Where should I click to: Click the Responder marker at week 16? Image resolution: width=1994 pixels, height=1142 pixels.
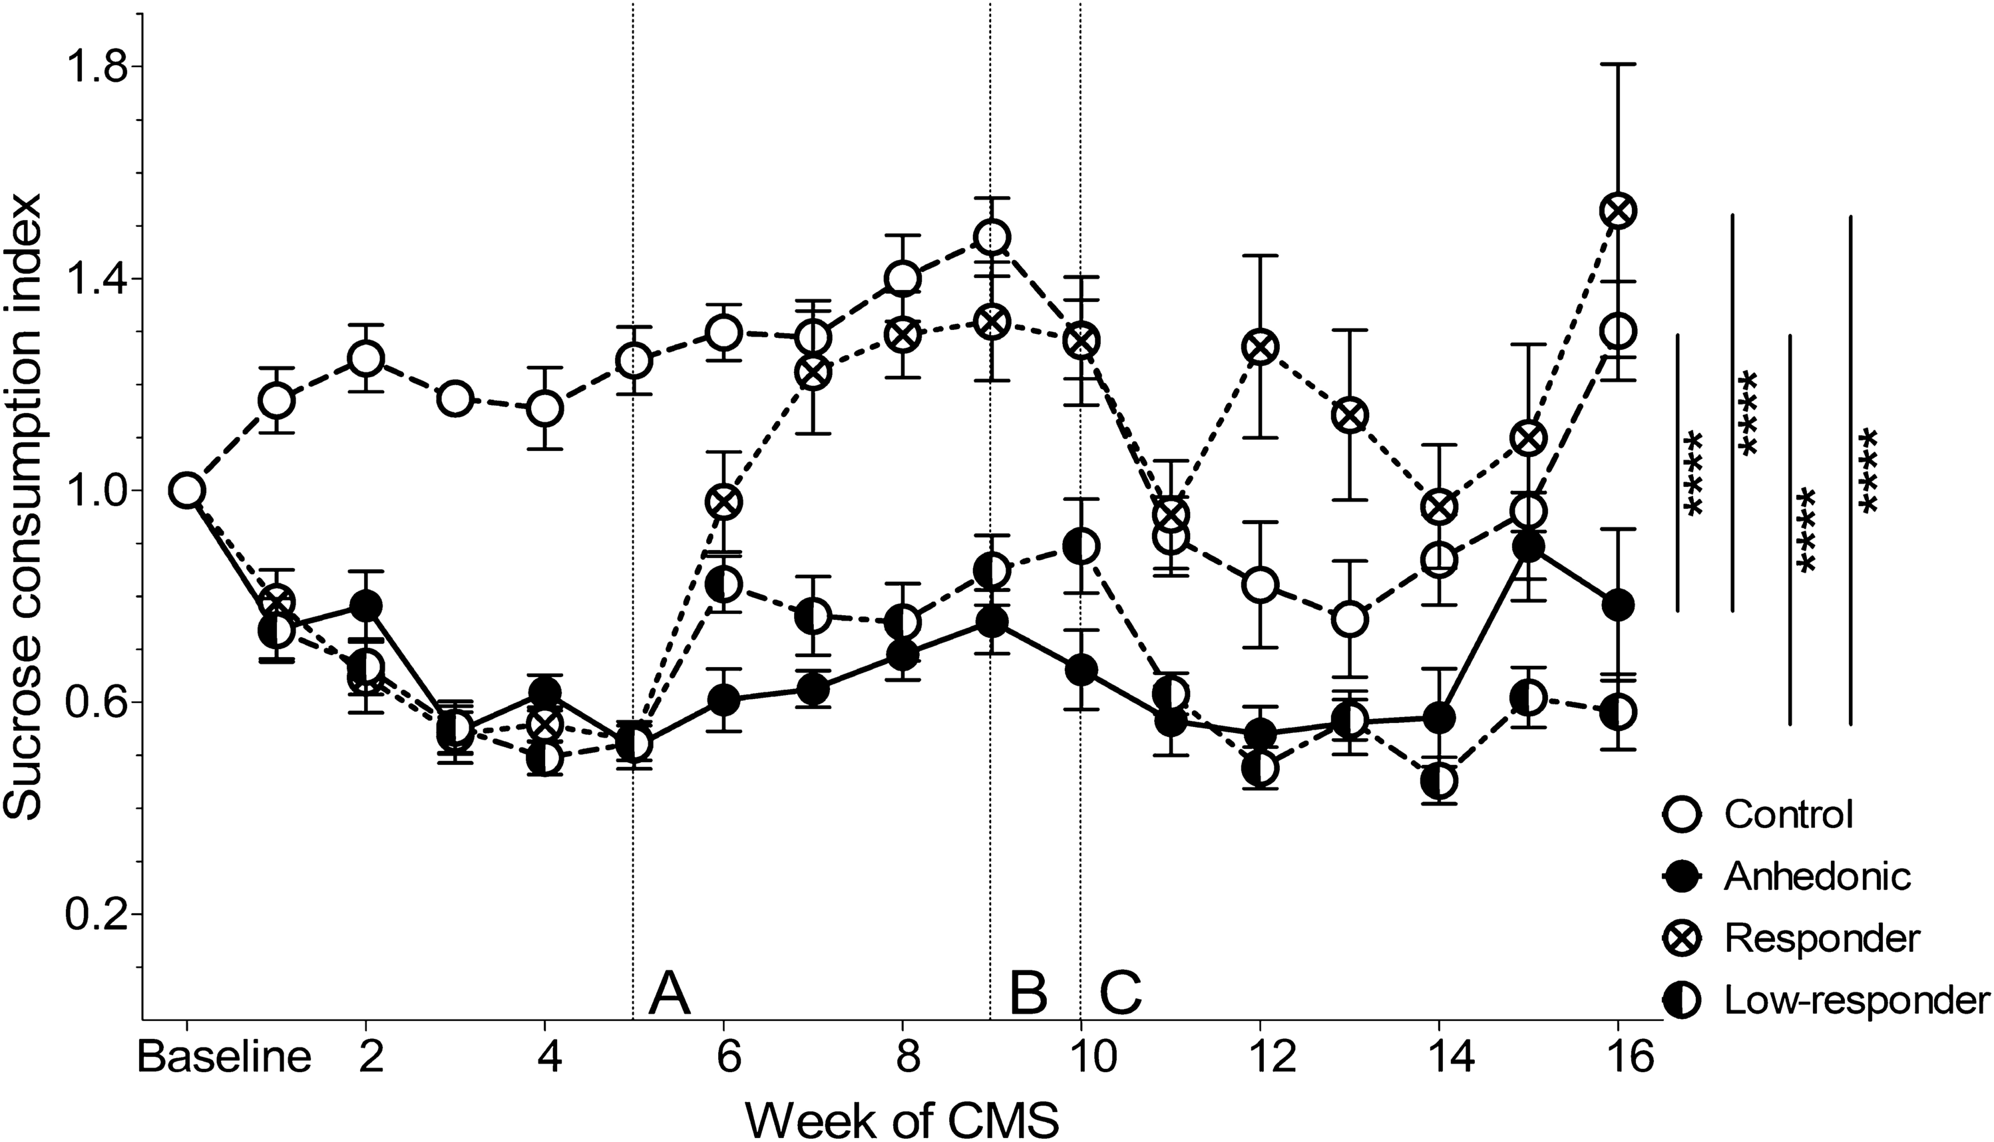point(1617,211)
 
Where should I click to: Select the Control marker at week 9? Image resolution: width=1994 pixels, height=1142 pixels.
point(992,237)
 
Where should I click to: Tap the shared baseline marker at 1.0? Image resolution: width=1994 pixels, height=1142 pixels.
point(187,490)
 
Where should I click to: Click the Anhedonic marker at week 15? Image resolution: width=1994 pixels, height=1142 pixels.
point(1528,547)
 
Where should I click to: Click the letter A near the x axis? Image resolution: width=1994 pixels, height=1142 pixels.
point(669,993)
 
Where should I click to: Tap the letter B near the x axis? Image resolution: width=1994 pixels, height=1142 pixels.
point(1028,993)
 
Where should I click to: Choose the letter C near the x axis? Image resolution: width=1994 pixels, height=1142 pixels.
point(1121,993)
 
